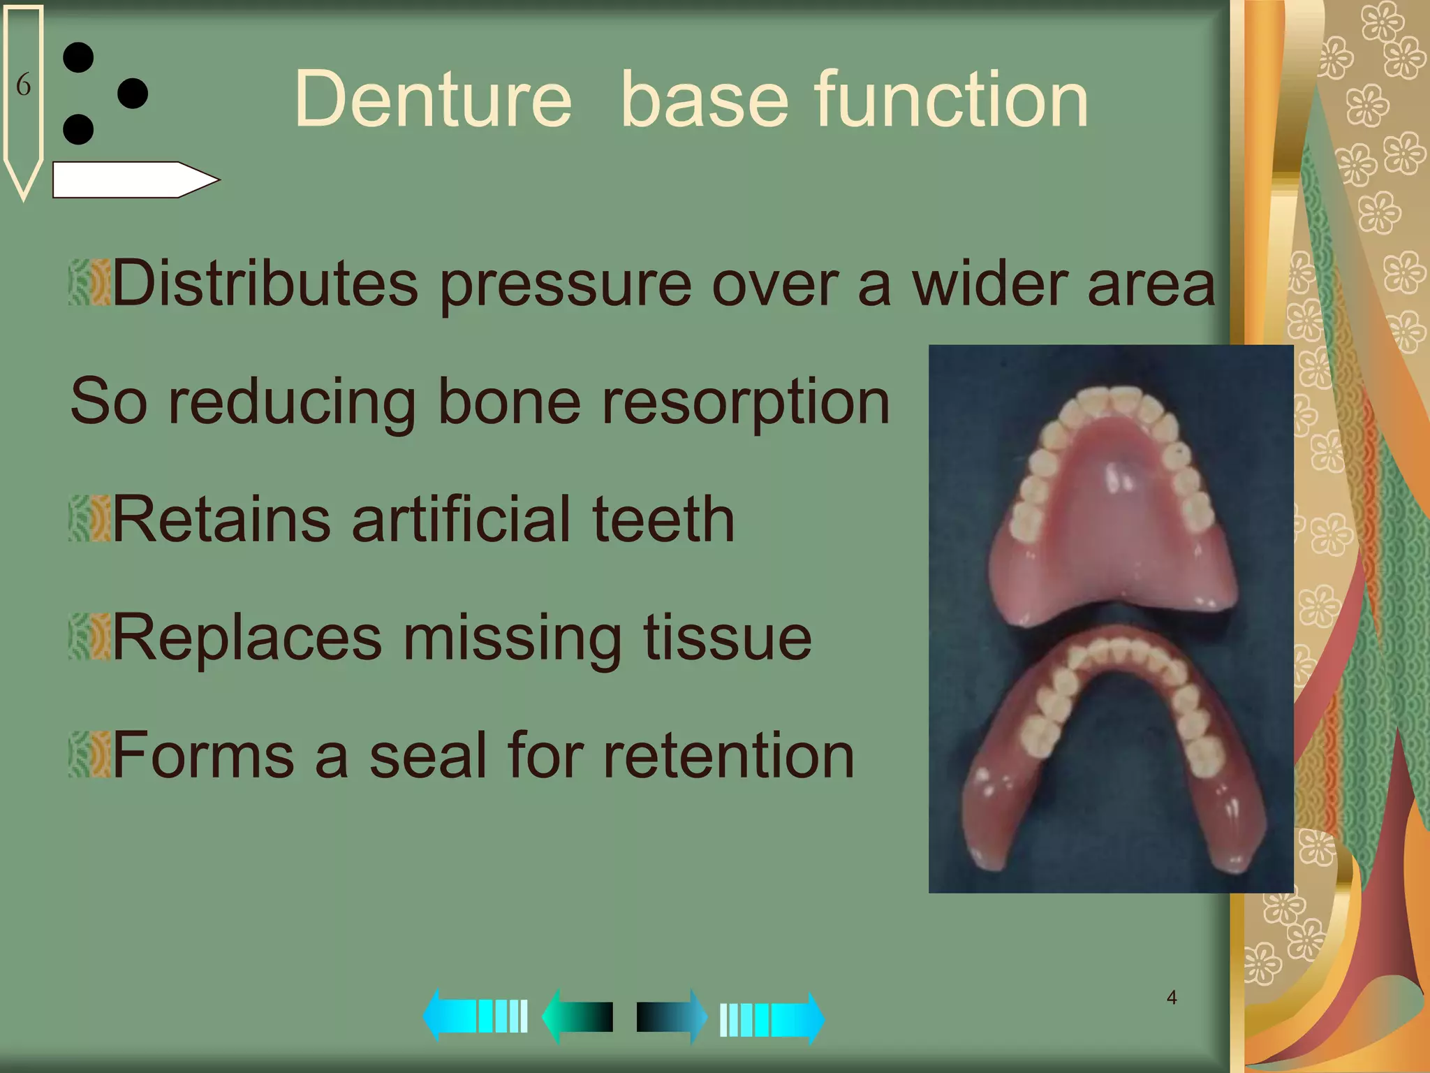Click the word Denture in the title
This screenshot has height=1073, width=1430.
433,100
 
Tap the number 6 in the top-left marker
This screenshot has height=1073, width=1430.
23,85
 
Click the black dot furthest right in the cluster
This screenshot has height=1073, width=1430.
133,93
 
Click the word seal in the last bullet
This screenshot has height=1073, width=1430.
427,755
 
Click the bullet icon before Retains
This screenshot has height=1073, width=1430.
89,519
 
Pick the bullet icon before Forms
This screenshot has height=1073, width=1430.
89,755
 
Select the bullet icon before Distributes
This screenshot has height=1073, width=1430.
89,283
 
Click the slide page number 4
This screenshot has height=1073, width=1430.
1172,998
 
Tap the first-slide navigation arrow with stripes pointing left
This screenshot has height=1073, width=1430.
475,1016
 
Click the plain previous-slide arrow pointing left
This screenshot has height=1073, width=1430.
577,1016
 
